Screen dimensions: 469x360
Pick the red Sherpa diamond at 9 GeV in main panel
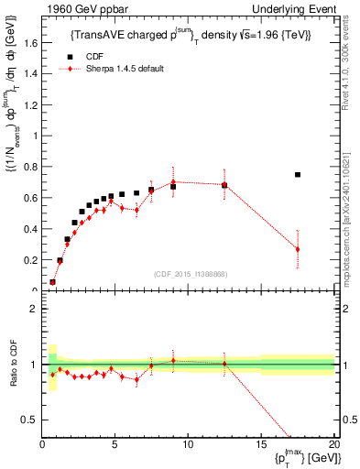tap(173, 181)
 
